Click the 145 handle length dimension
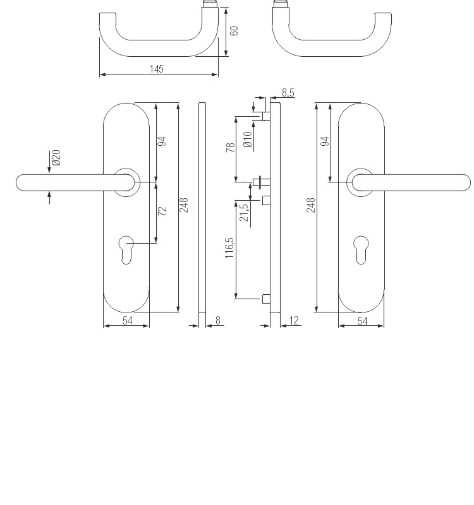[156, 69]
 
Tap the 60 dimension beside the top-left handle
[234, 31]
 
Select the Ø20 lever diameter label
[56, 157]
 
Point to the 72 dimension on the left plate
[162, 211]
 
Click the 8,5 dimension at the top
[288, 93]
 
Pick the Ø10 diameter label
[248, 140]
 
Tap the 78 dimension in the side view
[231, 148]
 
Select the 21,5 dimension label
[244, 212]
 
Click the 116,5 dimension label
[229, 247]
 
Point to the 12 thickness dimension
[294, 321]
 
